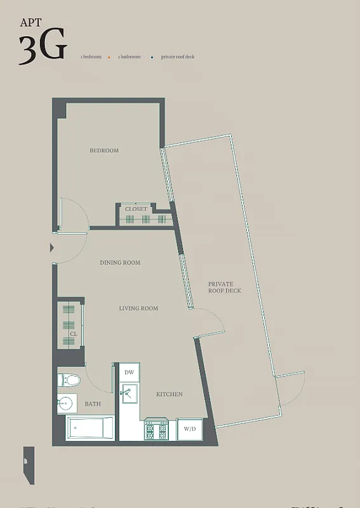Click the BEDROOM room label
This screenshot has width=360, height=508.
tap(104, 150)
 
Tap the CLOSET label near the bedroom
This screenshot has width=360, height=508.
tap(136, 209)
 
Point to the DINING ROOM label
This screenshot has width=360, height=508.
tap(120, 262)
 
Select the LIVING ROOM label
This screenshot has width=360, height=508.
tap(138, 309)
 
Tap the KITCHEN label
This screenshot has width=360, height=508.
tap(170, 394)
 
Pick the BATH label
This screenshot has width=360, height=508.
tap(93, 404)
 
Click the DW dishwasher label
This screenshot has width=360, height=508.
tap(129, 372)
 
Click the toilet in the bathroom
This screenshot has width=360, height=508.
tap(69, 380)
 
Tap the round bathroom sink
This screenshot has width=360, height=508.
tap(65, 403)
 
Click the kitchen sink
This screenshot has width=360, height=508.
tap(130, 394)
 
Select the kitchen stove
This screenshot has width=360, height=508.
tap(156, 429)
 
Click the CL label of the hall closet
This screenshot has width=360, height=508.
tap(74, 333)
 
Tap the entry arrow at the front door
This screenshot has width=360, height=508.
tap(52, 248)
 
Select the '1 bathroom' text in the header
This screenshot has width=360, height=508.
tap(129, 57)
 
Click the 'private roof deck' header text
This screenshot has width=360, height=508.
tap(177, 57)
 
